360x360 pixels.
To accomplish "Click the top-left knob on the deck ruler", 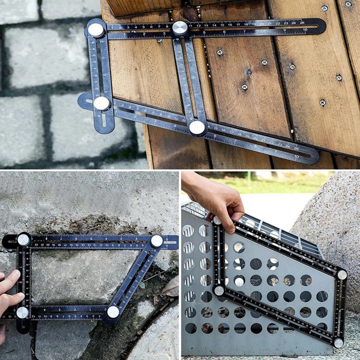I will coord(96,30).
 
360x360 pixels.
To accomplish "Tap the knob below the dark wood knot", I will coord(180,28).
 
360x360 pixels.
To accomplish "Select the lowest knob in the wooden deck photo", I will coord(197,128).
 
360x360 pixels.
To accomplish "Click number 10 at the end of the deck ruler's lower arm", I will coord(296,156).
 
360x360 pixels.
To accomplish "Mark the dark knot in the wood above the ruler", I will coord(190,14).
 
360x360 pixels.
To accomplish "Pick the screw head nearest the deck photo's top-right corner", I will coord(348,4).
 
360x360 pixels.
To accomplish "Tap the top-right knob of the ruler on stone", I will coord(156,241).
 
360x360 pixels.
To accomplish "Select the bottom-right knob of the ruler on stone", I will coord(113,312).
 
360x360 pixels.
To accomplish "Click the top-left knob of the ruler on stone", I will coord(23,240).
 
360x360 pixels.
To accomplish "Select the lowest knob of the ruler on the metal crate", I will coord(338,343).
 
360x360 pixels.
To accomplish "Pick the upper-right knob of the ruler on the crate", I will coord(342,275).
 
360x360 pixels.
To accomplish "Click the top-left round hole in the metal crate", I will coord(188,231).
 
